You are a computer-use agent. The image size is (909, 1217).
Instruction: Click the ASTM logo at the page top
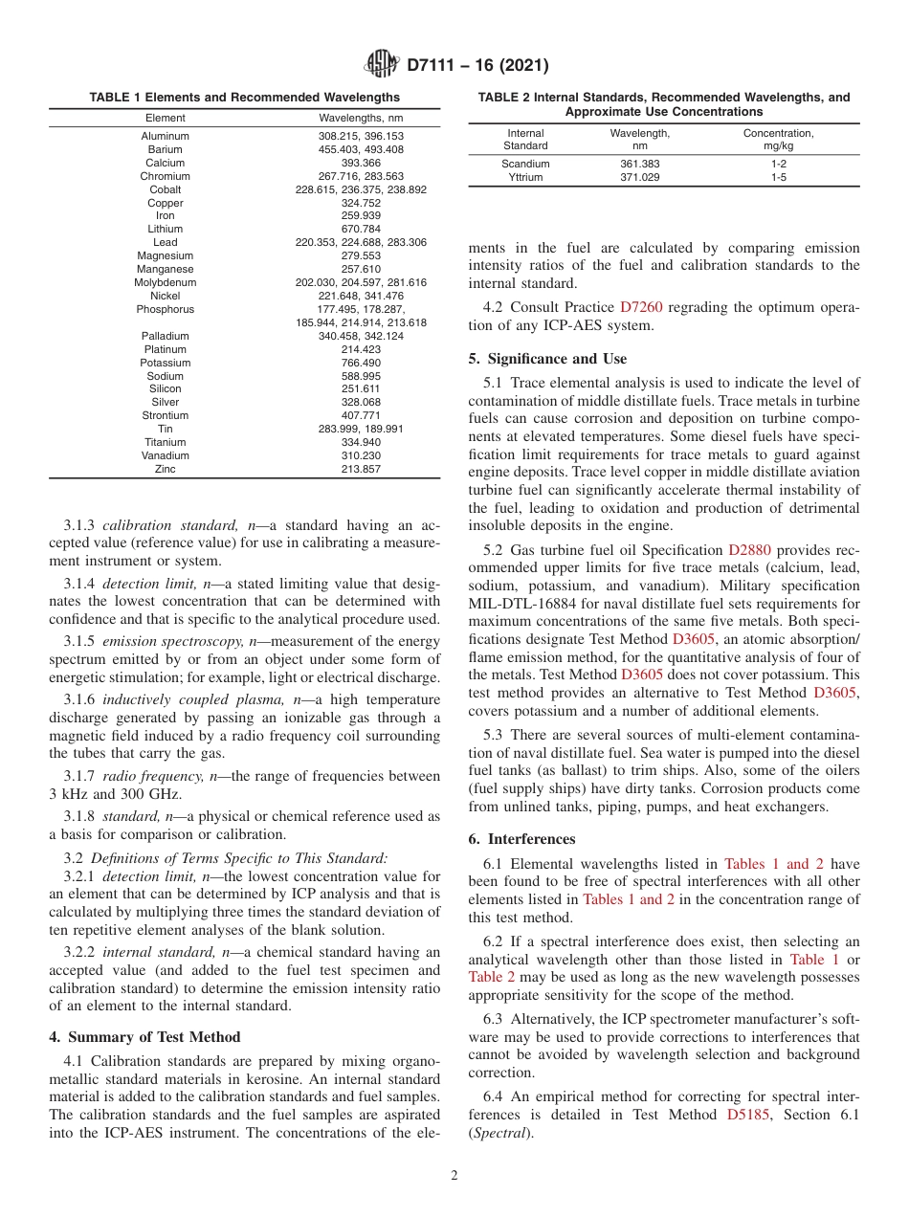point(383,66)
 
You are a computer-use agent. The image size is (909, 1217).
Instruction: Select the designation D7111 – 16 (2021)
point(477,66)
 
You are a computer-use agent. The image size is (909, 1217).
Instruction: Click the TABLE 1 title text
point(245,98)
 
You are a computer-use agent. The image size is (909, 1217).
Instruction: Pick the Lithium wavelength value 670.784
point(361,230)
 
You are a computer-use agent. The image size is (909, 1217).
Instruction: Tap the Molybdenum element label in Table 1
point(165,283)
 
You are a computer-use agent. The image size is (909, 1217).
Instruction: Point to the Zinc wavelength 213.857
point(361,470)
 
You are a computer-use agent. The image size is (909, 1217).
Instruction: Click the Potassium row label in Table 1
point(165,364)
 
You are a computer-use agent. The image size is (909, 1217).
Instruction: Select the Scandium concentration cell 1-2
point(778,165)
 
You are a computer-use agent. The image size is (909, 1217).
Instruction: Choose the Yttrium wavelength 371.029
point(639,178)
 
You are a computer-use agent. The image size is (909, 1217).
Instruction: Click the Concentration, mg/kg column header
point(778,140)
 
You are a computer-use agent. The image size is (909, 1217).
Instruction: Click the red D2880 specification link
point(749,550)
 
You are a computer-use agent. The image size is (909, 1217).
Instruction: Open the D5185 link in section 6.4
point(747,1115)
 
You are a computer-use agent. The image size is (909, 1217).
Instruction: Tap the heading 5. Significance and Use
point(547,359)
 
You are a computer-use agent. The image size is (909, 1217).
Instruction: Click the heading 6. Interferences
point(521,839)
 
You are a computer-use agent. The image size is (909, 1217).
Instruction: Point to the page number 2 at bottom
point(454,1176)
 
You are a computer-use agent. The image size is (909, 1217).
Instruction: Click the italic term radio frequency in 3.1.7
point(141,776)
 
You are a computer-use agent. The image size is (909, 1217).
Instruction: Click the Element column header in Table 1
point(165,118)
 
